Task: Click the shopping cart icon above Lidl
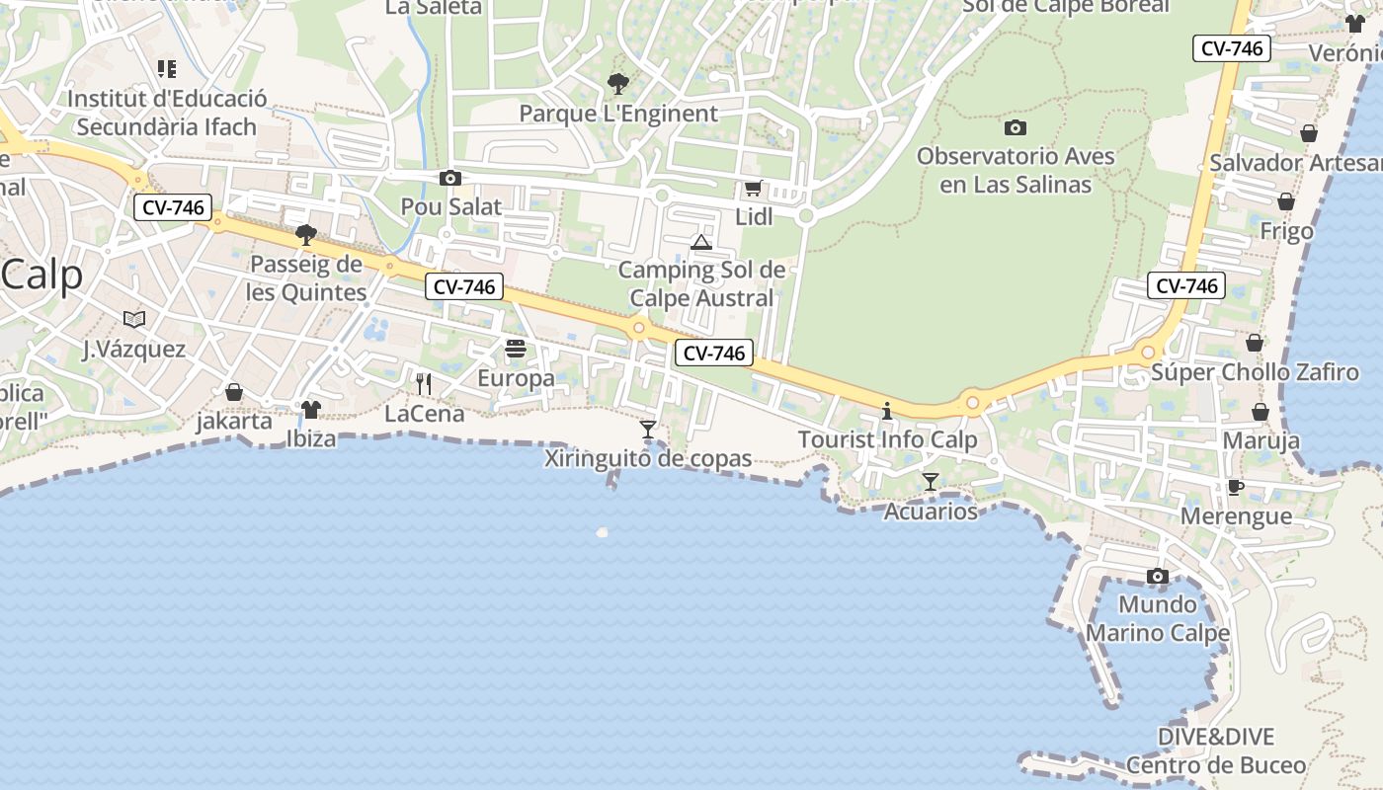pos(753,188)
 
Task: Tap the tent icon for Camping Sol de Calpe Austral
pos(701,242)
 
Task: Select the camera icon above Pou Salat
pos(450,178)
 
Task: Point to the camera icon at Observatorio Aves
pos(1015,127)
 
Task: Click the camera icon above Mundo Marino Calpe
pos(1158,576)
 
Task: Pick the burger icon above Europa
pos(515,349)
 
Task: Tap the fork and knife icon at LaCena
pos(424,383)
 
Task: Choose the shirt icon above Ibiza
pos(311,409)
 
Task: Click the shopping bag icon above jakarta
pos(234,392)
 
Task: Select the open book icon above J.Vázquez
pos(134,319)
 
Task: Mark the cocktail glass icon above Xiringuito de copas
pos(648,429)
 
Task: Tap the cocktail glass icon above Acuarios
pos(930,482)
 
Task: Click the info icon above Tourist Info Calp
pos(887,411)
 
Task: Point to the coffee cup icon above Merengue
pos(1235,487)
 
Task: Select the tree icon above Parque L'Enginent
pos(618,84)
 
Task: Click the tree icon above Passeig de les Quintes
pos(306,235)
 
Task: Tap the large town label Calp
pos(42,275)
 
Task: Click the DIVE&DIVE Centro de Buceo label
pos(1216,750)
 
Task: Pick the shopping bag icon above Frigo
pos(1286,202)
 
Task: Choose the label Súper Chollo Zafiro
pos(1255,372)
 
